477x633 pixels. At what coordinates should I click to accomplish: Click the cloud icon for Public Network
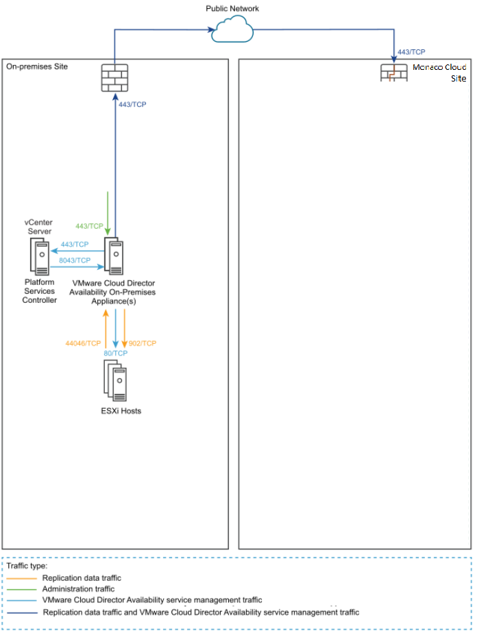point(233,30)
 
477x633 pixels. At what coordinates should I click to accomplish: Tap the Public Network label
point(232,8)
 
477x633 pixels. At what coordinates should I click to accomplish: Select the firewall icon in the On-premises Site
point(114,77)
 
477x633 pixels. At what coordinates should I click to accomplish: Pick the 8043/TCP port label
point(75,260)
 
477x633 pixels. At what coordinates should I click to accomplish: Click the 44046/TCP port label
point(83,343)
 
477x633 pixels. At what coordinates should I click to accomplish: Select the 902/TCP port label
point(143,343)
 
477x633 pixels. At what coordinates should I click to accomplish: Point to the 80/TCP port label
point(115,353)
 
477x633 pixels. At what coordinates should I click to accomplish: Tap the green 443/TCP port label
point(89,226)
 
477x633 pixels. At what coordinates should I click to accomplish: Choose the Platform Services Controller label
point(39,291)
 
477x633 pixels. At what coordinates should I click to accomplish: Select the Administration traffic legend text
point(78,588)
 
